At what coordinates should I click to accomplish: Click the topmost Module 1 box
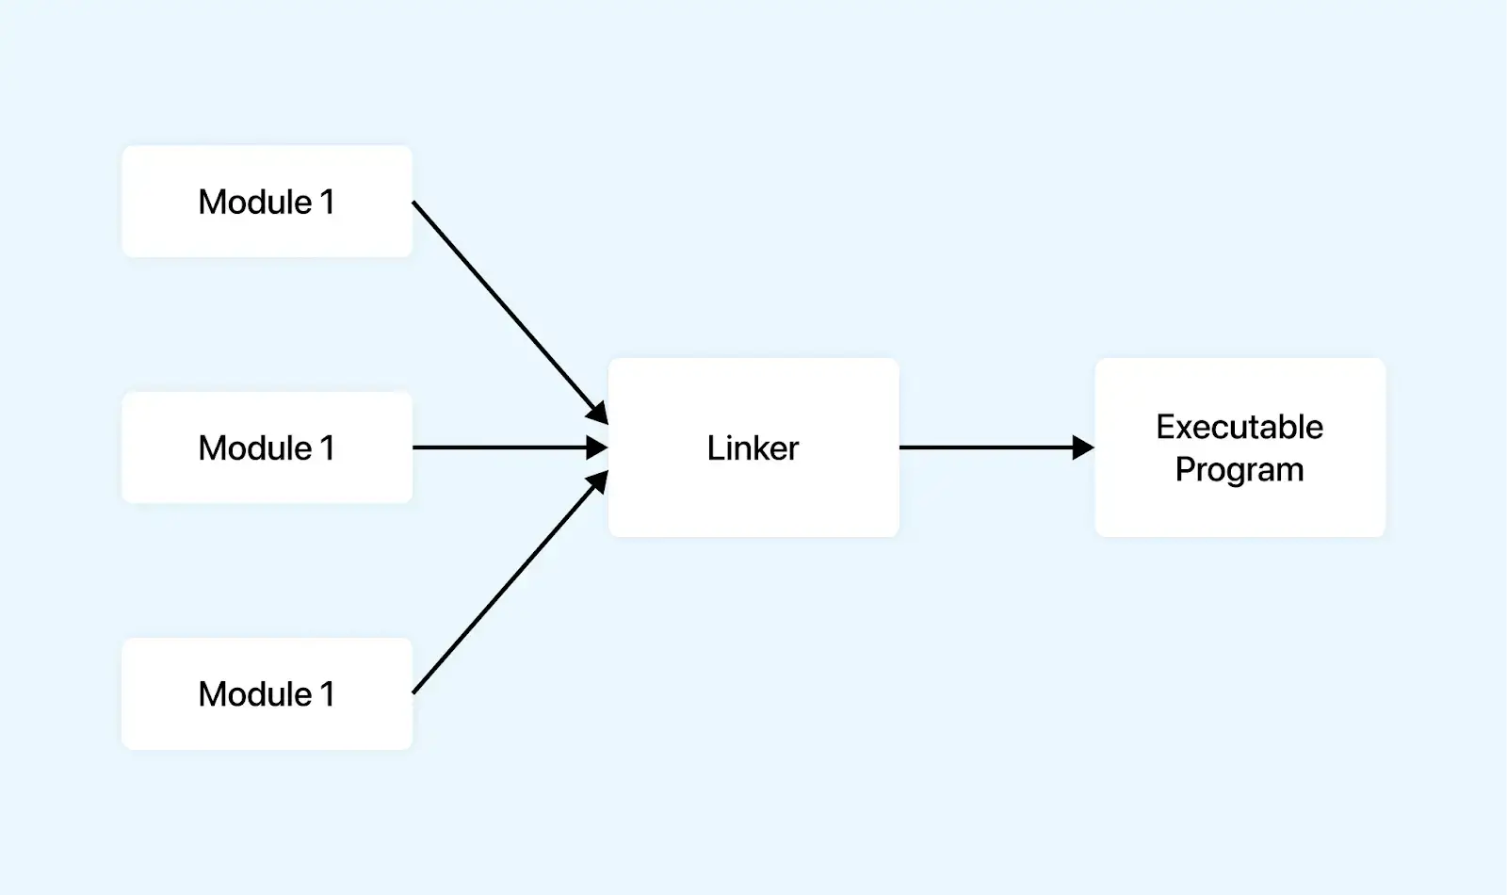[267, 201]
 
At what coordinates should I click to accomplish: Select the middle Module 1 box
[267, 447]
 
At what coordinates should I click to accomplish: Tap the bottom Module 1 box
[267, 694]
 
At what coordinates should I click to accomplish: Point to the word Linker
[753, 447]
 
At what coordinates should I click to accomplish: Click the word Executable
[1240, 427]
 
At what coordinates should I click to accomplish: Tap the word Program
[1240, 469]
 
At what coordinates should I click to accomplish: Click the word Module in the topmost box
[254, 202]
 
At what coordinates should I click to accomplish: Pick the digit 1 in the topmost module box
[327, 202]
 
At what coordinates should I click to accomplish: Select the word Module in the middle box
[254, 447]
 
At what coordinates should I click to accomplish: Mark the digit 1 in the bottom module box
[327, 694]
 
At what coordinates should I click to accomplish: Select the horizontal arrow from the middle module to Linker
[499, 447]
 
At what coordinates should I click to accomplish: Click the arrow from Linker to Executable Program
[984, 447]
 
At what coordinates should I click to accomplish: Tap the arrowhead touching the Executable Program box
[1083, 447]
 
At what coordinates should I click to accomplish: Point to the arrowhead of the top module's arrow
[597, 413]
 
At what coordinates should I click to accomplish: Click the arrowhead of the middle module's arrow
[597, 447]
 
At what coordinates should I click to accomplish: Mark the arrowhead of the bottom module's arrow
[597, 482]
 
